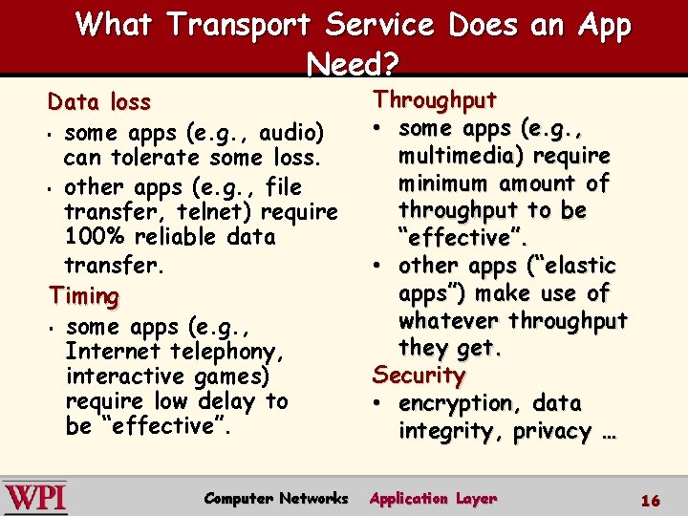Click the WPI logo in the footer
[35, 498]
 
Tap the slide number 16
[651, 501]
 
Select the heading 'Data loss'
[99, 101]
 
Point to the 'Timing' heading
[84, 296]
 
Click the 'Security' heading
[419, 375]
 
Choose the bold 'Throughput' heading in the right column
[435, 99]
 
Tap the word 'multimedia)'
[462, 155]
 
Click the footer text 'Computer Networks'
[276, 499]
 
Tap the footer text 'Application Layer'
[435, 499]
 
